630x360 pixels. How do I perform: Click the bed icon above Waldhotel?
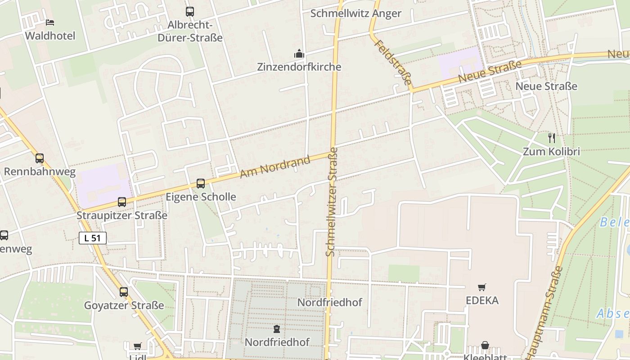pos(50,22)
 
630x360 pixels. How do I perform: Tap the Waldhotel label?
pos(50,36)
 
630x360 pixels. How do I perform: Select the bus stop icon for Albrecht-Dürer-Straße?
pos(190,12)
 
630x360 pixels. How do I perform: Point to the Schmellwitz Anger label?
pos(355,13)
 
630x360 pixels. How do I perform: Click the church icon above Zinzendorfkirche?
pos(299,54)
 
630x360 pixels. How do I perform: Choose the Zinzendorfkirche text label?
pos(299,67)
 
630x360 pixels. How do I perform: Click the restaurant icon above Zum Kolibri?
pos(552,138)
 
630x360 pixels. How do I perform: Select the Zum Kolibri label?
pos(551,151)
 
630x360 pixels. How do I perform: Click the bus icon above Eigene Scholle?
pos(201,184)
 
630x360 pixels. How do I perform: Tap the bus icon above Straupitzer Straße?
pos(122,202)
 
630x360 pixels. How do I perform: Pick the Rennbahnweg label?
pos(40,171)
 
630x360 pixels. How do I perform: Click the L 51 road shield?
pos(93,238)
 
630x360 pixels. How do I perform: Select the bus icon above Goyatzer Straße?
pos(124,292)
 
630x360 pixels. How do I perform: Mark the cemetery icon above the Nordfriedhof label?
pos(277,329)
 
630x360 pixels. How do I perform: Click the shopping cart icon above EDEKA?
pos(482,287)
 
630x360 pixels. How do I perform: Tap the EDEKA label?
pos(482,300)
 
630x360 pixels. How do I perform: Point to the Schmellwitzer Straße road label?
pos(332,202)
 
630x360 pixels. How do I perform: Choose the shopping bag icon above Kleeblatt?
pos(485,346)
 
